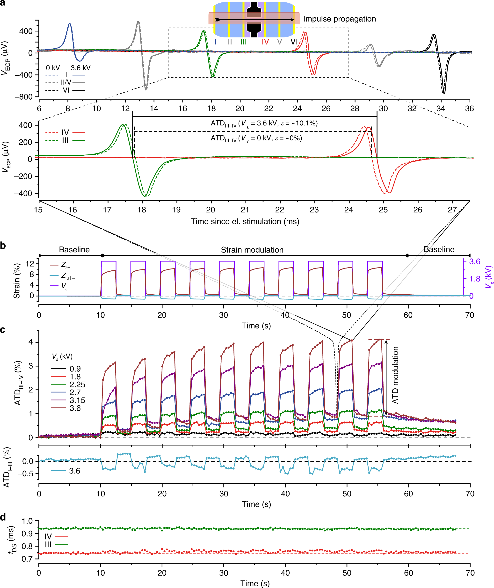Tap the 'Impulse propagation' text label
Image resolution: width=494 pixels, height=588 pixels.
[x=339, y=19]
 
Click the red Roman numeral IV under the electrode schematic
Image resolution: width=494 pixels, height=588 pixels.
[x=265, y=42]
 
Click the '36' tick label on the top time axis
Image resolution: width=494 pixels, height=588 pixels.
[x=469, y=109]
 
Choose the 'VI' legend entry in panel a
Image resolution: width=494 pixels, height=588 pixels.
[x=66, y=90]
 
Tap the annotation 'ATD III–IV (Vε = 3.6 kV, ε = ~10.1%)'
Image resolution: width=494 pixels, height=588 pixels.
[x=264, y=123]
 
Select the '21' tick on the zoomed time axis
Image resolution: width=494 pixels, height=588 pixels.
[x=245, y=210]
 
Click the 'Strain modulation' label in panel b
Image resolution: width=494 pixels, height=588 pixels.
[x=252, y=250]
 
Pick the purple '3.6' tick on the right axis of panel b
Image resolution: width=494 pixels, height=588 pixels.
[x=475, y=261]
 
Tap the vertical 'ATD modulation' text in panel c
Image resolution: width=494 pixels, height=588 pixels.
[x=395, y=375]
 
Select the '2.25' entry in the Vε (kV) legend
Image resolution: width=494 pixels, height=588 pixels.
[x=77, y=385]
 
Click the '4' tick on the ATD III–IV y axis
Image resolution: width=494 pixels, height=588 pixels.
[x=30, y=342]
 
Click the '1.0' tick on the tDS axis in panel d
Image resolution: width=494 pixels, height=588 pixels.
[x=27, y=521]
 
